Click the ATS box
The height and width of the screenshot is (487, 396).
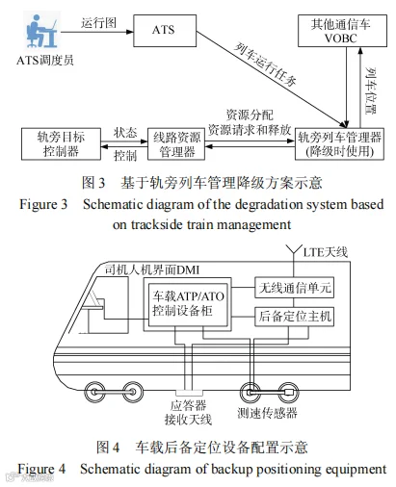coord(165,31)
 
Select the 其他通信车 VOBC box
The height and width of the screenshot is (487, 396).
coord(342,31)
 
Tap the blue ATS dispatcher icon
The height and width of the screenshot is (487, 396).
coord(41,31)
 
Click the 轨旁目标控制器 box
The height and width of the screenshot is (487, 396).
coord(61,144)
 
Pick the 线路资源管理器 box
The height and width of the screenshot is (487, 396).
coord(176,144)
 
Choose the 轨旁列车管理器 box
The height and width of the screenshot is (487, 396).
coord(339,144)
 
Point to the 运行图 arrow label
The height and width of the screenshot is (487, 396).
coord(98,23)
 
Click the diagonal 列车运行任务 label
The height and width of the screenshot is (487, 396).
coord(265,64)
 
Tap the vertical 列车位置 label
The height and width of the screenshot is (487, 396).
coord(371,90)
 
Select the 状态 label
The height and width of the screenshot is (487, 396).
coord(125,133)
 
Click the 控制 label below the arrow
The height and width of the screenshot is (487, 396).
coord(125,156)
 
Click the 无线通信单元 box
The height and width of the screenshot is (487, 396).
coord(295,288)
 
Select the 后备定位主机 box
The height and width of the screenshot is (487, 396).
coord(295,317)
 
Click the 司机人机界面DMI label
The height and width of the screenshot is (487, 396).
coord(152,270)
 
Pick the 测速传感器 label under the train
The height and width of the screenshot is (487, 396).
coord(268,413)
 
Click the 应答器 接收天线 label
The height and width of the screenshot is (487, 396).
coord(188,413)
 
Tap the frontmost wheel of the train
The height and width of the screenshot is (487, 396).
coord(94,392)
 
